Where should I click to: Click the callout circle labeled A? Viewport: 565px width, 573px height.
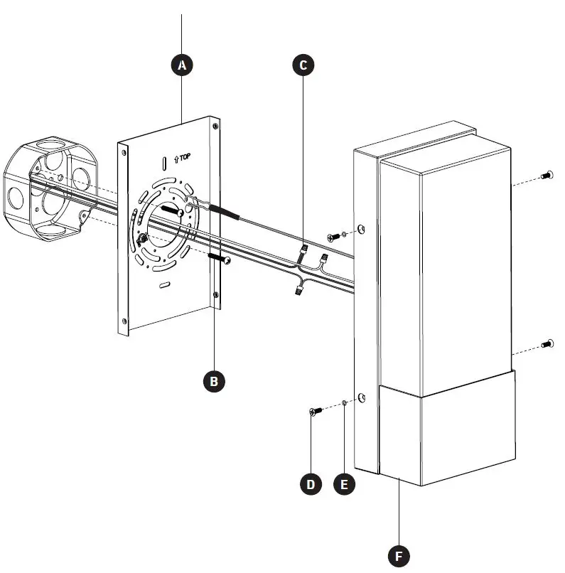[183, 65]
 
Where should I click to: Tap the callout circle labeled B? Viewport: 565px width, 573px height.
[214, 381]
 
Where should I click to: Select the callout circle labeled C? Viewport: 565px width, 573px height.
[303, 65]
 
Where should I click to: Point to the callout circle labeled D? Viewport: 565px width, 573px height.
[311, 485]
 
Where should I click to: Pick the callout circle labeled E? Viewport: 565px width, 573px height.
[345, 485]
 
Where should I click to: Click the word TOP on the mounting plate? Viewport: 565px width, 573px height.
[185, 156]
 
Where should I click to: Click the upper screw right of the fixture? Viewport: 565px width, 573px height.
[546, 175]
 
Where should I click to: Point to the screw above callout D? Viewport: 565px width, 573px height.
[315, 411]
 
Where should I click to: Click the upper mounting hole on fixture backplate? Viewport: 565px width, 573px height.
[362, 229]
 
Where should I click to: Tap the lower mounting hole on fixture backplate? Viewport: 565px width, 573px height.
[362, 397]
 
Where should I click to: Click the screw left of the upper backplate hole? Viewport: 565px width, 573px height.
[333, 235]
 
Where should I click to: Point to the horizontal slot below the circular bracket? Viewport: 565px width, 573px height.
[165, 284]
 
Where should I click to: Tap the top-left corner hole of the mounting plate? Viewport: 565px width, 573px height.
[126, 151]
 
